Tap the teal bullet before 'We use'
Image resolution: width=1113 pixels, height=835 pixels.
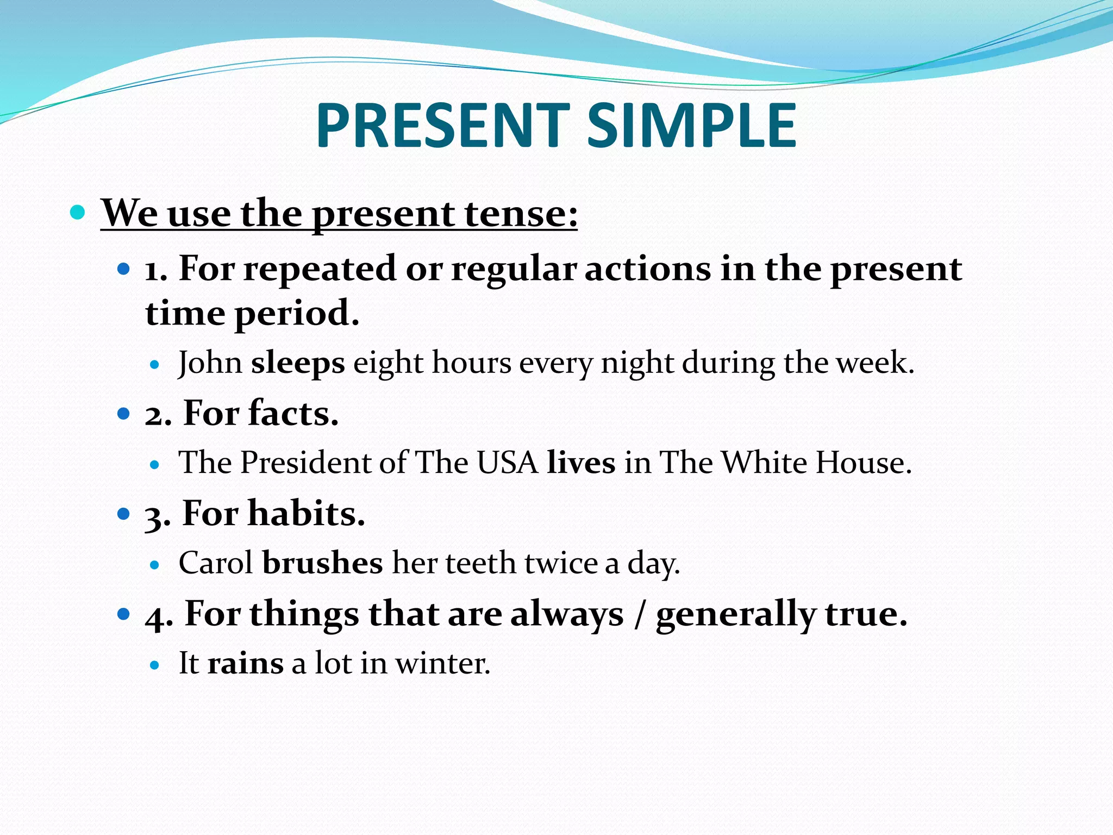tap(78, 211)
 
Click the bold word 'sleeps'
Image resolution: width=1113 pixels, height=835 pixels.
tap(298, 363)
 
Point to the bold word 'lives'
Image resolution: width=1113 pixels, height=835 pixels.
tap(581, 463)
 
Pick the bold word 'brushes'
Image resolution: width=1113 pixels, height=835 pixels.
tap(323, 563)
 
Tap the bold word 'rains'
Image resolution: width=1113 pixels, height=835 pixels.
tap(246, 663)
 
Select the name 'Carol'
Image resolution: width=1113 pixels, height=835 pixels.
tap(216, 563)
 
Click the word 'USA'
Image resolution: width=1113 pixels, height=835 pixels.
tap(508, 463)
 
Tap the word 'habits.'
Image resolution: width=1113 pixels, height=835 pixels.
tap(306, 513)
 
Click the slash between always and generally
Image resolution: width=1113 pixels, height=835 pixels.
tap(640, 614)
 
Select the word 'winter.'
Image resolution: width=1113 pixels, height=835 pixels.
tap(442, 664)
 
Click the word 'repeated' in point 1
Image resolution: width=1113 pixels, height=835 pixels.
tap(320, 269)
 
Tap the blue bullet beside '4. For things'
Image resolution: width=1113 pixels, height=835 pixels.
tap(124, 614)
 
